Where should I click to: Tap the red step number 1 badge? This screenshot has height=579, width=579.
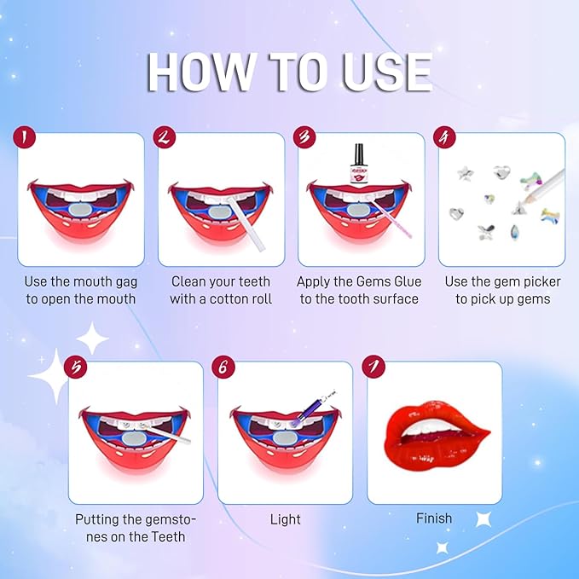[23, 137]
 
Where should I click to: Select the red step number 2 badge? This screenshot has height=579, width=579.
[164, 137]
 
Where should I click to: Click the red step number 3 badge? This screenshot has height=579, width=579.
[303, 137]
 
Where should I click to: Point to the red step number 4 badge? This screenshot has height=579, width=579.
[443, 137]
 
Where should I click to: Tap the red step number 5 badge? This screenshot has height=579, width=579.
[76, 367]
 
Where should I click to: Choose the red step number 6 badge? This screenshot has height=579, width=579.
[225, 367]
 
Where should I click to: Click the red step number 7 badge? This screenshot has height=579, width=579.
[373, 367]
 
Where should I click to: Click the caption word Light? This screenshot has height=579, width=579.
[285, 519]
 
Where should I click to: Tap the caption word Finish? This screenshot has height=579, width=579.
[434, 518]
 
